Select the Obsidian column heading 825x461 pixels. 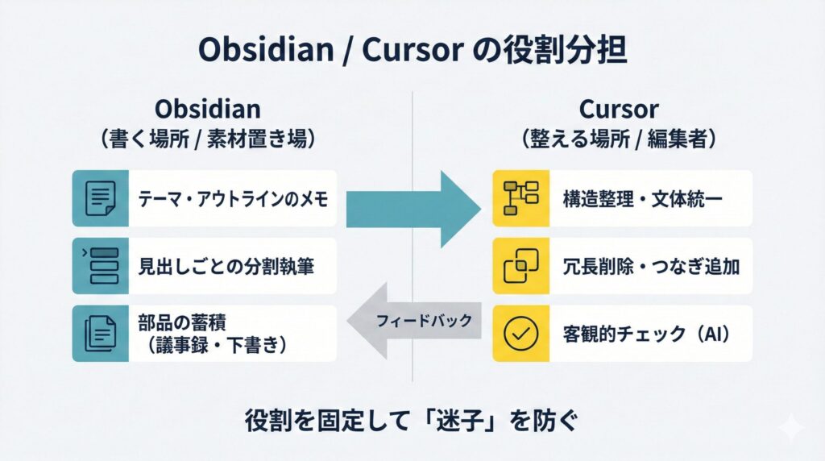click(208, 109)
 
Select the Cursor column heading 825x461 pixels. click(618, 109)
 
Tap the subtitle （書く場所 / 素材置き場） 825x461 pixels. click(208, 138)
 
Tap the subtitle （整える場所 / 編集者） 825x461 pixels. click(618, 138)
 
